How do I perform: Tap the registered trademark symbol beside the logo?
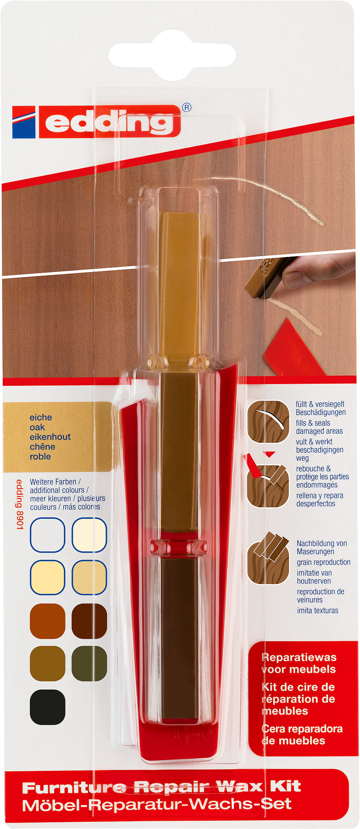(x=187, y=107)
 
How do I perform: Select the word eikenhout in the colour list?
(x=50, y=437)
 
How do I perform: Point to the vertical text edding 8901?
(x=20, y=504)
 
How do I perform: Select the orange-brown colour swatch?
(x=47, y=621)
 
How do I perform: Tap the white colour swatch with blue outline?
(x=47, y=535)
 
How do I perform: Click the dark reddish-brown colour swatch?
(x=89, y=621)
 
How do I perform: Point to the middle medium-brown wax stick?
(x=179, y=451)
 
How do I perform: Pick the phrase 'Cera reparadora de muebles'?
(x=301, y=735)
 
